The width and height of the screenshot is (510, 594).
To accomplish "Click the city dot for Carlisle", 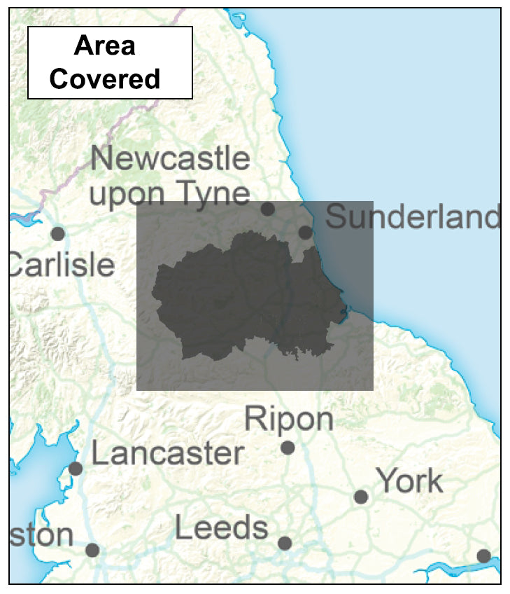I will [x=58, y=233].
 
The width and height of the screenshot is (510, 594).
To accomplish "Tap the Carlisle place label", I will [x=62, y=265].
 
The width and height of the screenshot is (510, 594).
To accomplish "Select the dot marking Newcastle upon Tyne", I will [x=267, y=209].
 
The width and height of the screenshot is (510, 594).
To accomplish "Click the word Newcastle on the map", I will [x=170, y=159].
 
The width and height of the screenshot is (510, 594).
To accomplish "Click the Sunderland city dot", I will [x=305, y=232].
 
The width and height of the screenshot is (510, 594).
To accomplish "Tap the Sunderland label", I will [x=413, y=217].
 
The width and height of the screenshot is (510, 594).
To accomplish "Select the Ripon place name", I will [x=288, y=419].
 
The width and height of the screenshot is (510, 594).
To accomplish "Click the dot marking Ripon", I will [x=288, y=448].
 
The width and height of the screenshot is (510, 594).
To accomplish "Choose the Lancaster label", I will [x=168, y=454].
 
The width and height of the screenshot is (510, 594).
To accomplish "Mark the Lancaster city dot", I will [x=76, y=469].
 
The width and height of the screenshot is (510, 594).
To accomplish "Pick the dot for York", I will [x=361, y=497].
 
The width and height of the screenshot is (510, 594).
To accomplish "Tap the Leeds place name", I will [x=221, y=527].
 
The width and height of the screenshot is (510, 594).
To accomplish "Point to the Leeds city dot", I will [x=285, y=543].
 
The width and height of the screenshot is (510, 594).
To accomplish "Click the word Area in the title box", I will [x=105, y=46].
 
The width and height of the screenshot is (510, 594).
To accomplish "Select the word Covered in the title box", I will [x=105, y=78].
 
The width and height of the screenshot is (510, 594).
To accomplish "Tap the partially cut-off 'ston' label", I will [x=42, y=535].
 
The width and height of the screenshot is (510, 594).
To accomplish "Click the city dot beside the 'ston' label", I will [x=92, y=550].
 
